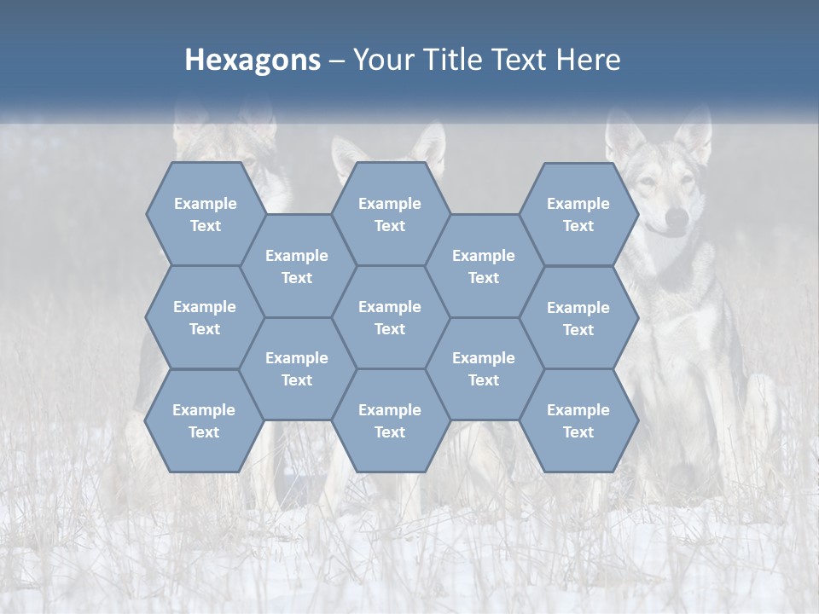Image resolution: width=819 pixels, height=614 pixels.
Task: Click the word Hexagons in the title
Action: [253, 60]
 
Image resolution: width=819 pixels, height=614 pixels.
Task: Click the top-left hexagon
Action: [205, 214]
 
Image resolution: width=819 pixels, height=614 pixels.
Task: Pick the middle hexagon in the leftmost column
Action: [205, 317]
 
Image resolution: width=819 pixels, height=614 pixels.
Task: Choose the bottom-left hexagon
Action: [204, 420]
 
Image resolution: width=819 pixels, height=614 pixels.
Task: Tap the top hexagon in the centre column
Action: [390, 214]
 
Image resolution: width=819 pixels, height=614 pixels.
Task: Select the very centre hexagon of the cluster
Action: [390, 317]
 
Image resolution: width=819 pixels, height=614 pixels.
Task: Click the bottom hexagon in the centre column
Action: [390, 420]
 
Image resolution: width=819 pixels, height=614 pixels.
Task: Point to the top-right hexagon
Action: [578, 214]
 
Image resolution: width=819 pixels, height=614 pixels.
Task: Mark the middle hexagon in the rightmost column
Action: [578, 318]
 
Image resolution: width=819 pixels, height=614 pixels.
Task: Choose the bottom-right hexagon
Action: [578, 420]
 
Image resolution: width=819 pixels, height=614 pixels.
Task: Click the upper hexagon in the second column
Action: [297, 266]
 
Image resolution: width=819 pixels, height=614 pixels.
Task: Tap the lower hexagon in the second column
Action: [297, 368]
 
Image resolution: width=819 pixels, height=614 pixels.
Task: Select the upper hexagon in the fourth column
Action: [484, 266]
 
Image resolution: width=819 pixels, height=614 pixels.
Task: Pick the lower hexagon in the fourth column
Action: [484, 368]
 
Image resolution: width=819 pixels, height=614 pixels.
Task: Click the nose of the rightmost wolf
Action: [676, 220]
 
